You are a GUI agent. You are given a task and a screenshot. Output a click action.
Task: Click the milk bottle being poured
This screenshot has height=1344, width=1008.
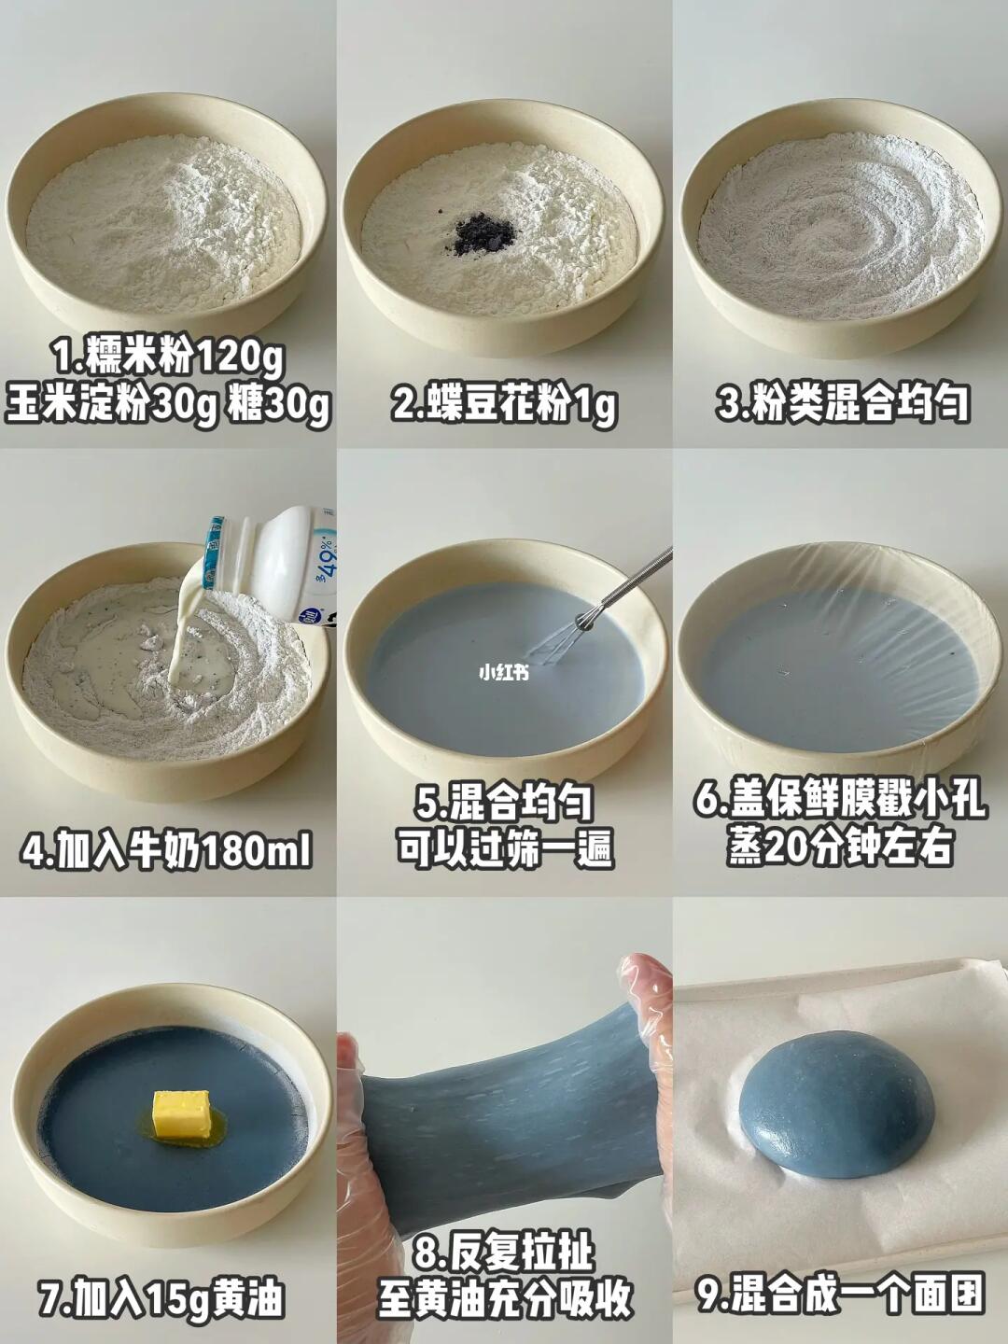click(273, 564)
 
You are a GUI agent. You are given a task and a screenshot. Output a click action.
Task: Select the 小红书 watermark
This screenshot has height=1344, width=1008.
click(504, 673)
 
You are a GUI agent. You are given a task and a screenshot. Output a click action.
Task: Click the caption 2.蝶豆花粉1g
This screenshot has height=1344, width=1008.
click(504, 403)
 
